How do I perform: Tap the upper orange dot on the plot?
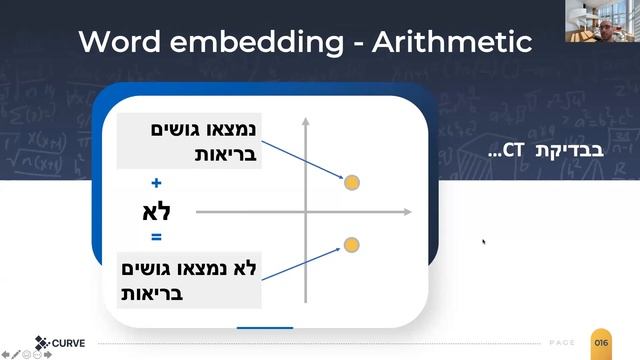[351, 182]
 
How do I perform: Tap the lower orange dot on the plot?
[351, 244]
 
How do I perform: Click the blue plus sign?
[156, 183]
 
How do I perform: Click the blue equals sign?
[156, 238]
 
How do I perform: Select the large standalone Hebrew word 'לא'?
[158, 211]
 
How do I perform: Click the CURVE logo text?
[67, 343]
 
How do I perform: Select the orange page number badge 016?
[601, 343]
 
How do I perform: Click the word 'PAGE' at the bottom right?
[563, 343]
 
